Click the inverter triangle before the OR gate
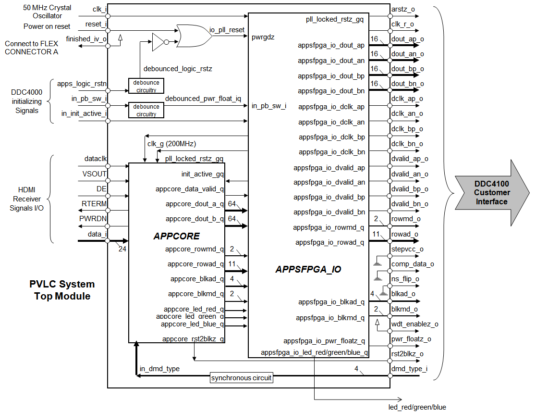(158, 42)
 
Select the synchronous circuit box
(242, 378)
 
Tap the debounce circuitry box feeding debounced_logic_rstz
(146, 86)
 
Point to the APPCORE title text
(176, 236)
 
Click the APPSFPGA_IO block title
(308, 269)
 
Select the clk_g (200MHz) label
(171, 144)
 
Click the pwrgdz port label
(263, 37)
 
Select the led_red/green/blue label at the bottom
(417, 407)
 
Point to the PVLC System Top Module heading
(62, 290)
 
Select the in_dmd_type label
(159, 369)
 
